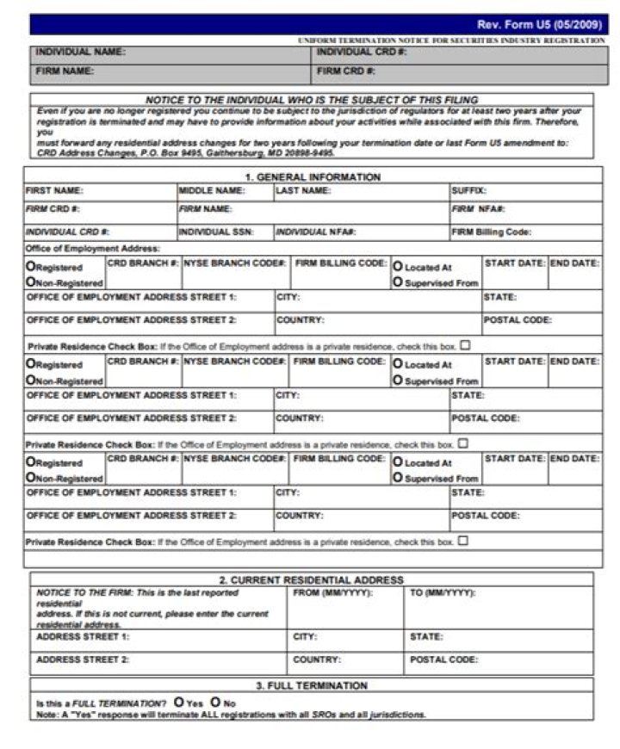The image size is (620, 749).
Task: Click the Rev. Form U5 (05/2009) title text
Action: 541,24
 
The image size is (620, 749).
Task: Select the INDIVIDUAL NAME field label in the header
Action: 80,53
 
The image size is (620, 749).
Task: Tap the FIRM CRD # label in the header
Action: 346,71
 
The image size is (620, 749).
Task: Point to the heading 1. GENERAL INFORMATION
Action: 313,177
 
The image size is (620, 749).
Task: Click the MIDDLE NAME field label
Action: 212,190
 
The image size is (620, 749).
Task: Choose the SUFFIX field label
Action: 468,190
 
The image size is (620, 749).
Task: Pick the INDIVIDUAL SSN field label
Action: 215,232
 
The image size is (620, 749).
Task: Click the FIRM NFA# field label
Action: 478,209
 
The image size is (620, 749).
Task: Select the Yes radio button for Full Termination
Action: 178,702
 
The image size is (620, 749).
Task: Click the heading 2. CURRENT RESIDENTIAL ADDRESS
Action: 311,580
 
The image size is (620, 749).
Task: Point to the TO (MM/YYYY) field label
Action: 443,593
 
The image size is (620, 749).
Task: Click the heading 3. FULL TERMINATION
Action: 312,686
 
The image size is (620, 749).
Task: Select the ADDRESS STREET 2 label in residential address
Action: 83,659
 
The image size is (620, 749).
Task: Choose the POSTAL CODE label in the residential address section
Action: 443,659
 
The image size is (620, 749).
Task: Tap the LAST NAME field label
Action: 303,190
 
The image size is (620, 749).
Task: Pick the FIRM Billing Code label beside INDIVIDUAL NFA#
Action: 491,232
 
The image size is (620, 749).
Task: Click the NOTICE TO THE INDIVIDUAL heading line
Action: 311,100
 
